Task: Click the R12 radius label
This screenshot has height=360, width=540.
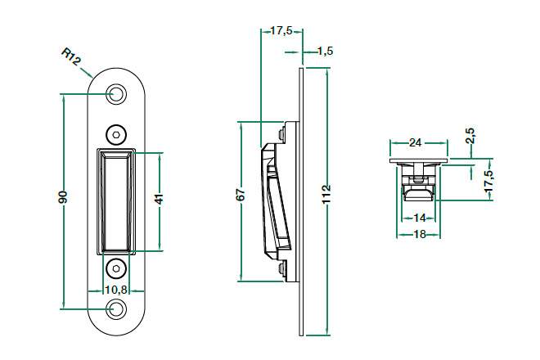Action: tap(71, 57)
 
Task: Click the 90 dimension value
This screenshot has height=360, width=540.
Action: tap(63, 196)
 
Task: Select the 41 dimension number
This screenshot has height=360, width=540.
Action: tap(159, 199)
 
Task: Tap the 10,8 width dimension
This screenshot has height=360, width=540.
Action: tap(116, 290)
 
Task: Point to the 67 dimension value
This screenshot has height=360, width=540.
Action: tap(241, 195)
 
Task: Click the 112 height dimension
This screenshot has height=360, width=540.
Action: tap(326, 195)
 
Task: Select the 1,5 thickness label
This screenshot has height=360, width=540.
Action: tap(325, 52)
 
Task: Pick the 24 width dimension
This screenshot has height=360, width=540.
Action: tap(415, 142)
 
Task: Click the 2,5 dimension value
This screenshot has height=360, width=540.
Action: tap(470, 136)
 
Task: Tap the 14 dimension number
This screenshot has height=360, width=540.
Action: tap(420, 218)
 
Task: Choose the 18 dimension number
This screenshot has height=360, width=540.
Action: tap(420, 235)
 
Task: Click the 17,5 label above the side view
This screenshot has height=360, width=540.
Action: tap(281, 30)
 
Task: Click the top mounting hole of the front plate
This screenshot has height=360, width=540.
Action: tap(115, 94)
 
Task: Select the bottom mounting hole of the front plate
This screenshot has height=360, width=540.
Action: tap(115, 308)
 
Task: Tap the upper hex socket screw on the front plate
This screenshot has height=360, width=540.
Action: tap(115, 135)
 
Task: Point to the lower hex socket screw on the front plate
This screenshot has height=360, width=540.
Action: tap(115, 268)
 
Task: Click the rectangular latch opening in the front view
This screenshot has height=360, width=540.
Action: tap(116, 201)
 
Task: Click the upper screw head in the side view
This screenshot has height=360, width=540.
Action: tap(281, 135)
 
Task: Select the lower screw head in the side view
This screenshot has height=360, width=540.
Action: tap(281, 268)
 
